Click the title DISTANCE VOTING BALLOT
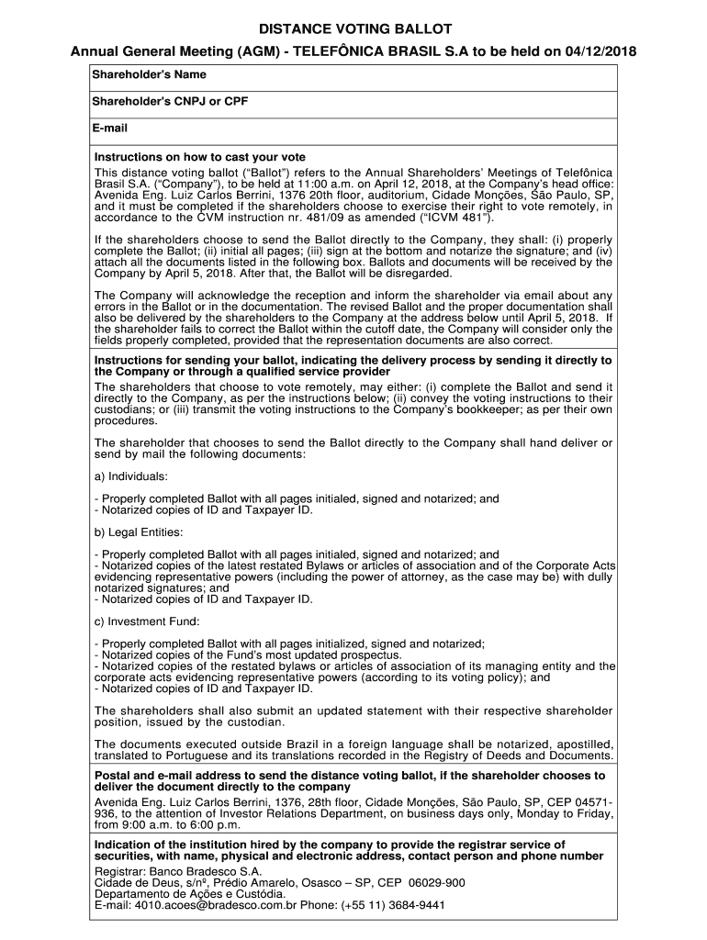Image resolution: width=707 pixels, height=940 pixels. pos(353,30)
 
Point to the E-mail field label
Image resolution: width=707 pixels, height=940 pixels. pos(110,128)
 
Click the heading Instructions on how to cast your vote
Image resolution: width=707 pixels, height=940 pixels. pos(200,158)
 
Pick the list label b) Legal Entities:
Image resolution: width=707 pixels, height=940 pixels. pos(139,532)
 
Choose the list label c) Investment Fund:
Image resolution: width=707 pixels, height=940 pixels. pos(142,621)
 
